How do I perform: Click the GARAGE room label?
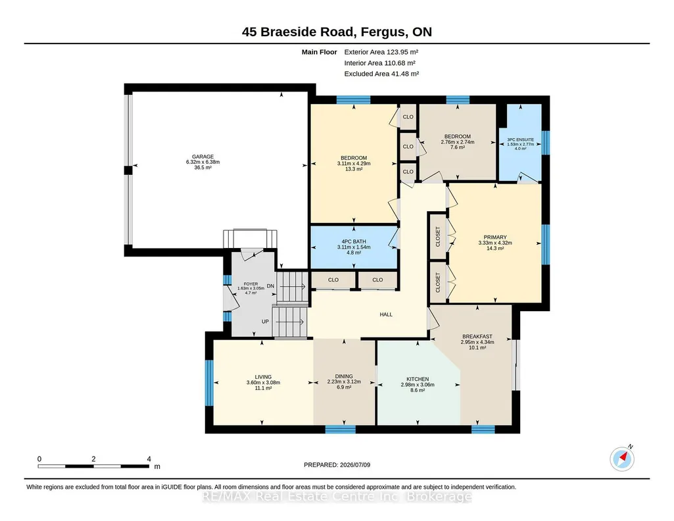pos(203,157)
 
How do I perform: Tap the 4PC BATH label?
pos(354,241)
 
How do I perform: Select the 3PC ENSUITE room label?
pos(521,139)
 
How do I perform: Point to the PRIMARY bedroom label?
pos(495,237)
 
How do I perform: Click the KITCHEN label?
pos(418,379)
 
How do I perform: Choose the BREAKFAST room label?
pos(477,337)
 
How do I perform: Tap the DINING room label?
pos(344,376)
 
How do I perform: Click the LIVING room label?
pos(263,377)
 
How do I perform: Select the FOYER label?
pos(251,284)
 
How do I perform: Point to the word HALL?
pos(386,314)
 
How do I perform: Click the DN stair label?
pos(270,286)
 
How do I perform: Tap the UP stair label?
pos(265,322)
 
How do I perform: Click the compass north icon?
pos(622,459)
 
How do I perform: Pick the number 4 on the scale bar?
pos(149,459)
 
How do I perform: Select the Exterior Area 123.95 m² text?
pos(381,52)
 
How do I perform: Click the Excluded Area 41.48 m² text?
pos(381,74)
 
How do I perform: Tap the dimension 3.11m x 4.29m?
pos(354,163)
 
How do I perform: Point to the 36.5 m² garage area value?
pos(203,168)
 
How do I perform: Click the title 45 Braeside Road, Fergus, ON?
pos(337,32)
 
